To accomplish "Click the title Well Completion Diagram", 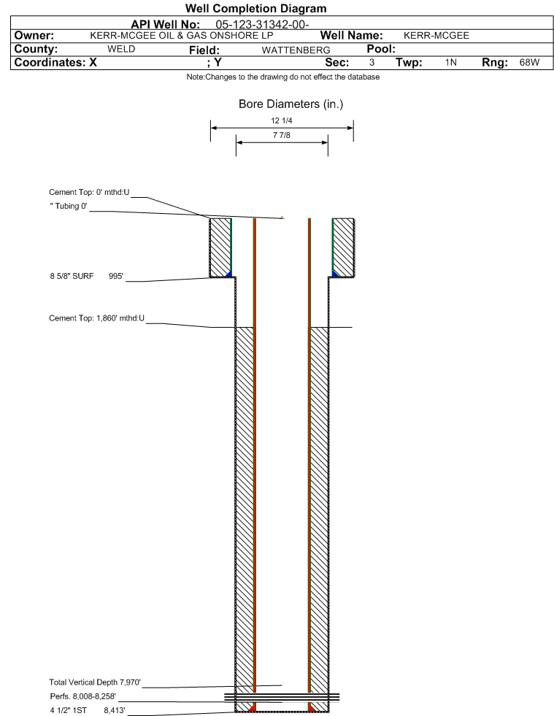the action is (255, 8).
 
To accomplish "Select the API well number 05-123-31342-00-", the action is (262, 25).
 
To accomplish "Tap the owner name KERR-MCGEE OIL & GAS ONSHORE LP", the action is (182, 36).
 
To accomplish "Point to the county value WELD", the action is (121, 49).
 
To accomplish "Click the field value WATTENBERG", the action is (296, 50).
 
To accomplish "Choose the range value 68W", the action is (529, 63).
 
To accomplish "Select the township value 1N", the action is (451, 63).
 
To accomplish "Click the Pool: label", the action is (381, 49).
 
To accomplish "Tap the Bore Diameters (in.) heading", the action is (291, 104).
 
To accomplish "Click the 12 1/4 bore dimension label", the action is (281, 120).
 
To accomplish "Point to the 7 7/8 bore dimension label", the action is (281, 135).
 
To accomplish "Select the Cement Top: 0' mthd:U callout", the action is (89, 192).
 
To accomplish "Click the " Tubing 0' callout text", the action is (69, 206).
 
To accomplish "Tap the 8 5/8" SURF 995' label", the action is (87, 277).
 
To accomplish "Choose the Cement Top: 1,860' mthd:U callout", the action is (97, 318).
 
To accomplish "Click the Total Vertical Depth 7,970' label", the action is (95, 682).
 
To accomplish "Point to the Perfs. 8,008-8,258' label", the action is (83, 696).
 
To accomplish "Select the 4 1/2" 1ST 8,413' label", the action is (88, 710).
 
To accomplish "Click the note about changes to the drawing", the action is (283, 77).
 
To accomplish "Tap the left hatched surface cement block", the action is (220, 247).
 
